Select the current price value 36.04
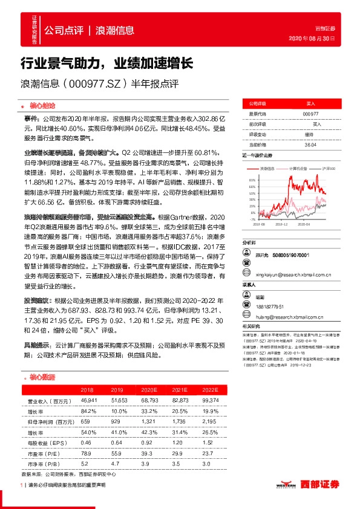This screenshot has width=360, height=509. tap(310, 143)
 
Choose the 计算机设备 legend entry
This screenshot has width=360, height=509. tap(299, 168)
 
